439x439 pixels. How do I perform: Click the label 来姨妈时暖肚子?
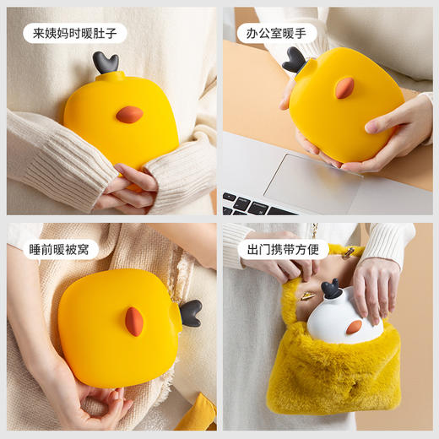tap(74, 33)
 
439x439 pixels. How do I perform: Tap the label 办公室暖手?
tap(276, 33)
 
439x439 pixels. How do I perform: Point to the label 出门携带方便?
tap(282, 249)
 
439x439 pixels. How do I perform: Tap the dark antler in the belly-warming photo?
tap(106, 62)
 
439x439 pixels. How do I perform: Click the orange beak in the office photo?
tap(344, 88)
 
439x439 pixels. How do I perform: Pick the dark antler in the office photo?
tap(295, 59)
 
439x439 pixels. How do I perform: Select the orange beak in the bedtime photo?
tap(134, 321)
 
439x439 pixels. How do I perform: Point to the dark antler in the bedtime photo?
tap(191, 312)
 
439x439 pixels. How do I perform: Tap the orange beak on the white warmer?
tap(354, 327)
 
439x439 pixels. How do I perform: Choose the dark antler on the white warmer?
tap(331, 290)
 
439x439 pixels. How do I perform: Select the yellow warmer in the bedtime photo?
tap(118, 329)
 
